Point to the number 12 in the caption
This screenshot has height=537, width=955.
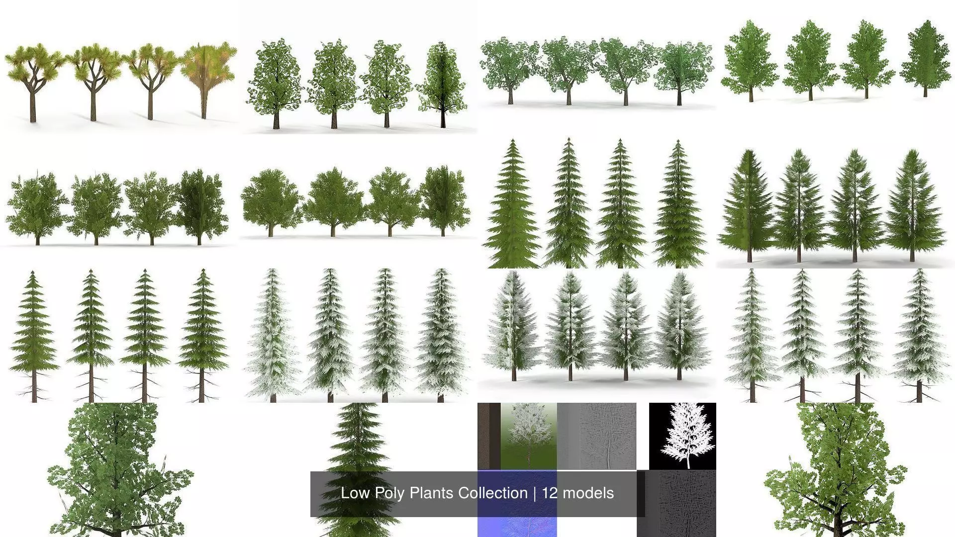click(x=550, y=493)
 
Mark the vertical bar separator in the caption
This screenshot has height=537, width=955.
click(x=535, y=493)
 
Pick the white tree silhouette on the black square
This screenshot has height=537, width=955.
click(x=682, y=436)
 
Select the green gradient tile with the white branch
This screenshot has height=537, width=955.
click(x=528, y=436)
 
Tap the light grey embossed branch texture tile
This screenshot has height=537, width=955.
click(x=597, y=436)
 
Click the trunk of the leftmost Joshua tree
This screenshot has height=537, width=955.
click(x=33, y=107)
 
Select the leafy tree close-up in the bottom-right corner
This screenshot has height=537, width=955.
click(x=836, y=472)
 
